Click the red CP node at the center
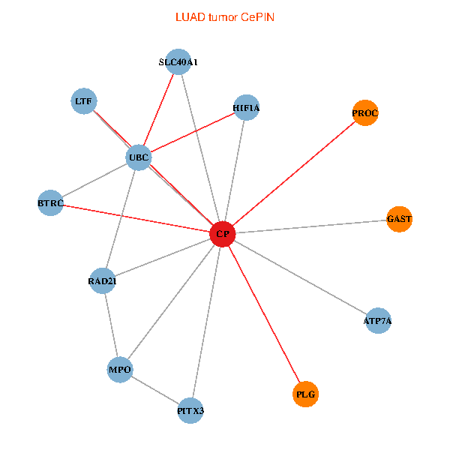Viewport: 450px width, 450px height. point(223,234)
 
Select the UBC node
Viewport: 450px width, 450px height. point(139,157)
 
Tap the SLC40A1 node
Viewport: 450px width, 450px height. point(178,62)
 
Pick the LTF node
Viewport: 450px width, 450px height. point(83,101)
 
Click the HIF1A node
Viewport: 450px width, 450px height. point(246,108)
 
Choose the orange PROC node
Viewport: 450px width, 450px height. point(364,113)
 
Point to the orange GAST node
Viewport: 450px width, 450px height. point(400,219)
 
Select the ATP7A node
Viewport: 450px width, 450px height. point(377,321)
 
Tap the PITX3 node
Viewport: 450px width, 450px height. point(190,410)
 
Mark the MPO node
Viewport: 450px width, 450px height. point(120,370)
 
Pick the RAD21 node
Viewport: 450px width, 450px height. point(102,281)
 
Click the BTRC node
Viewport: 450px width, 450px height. point(50,203)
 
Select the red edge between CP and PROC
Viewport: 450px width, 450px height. point(294,173)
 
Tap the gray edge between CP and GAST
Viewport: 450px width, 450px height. point(311,226)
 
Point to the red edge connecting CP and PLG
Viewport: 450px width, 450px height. point(264,314)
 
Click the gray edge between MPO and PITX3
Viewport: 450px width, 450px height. point(155,390)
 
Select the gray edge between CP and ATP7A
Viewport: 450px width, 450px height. point(300,277)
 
